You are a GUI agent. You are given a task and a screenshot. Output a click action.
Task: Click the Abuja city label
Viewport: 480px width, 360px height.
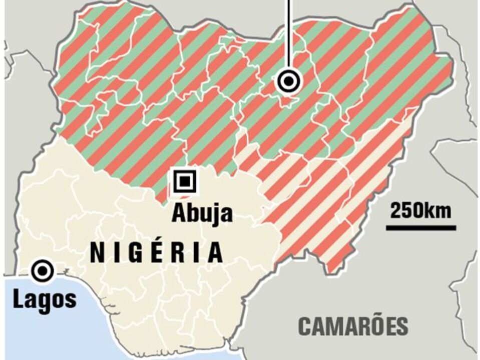pyautogui.click(x=202, y=212)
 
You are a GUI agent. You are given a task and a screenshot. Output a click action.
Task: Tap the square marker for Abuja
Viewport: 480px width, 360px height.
pyautogui.click(x=185, y=180)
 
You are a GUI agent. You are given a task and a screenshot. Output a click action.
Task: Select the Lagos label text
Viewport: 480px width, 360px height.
pyautogui.click(x=45, y=300)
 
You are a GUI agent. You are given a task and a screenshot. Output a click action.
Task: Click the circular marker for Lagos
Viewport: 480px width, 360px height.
pyautogui.click(x=42, y=270)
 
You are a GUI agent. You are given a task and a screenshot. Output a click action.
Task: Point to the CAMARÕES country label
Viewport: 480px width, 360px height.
pyautogui.click(x=353, y=326)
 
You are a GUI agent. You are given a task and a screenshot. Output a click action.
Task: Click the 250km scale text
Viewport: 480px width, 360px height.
pyautogui.click(x=420, y=210)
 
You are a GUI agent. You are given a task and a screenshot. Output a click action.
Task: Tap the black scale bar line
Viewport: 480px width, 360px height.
pyautogui.click(x=420, y=228)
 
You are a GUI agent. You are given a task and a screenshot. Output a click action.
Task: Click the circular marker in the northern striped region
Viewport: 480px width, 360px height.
pyautogui.click(x=289, y=80)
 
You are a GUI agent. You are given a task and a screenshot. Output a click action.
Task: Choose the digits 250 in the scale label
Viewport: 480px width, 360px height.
pyautogui.click(x=406, y=210)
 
